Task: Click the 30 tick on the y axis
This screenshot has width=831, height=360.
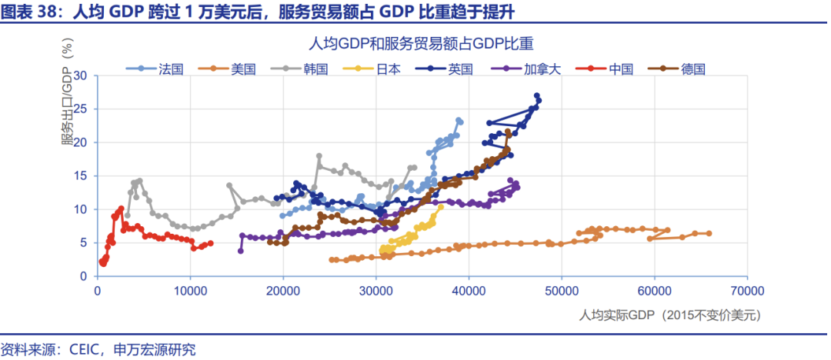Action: tap(82, 76)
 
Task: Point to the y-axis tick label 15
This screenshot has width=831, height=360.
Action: tap(82, 176)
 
